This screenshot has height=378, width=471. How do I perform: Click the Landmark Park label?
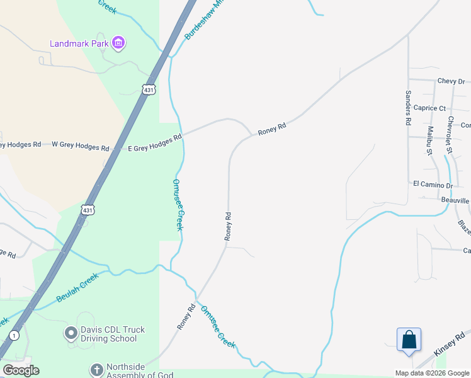79,43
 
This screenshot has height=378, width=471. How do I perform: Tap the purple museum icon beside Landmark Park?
118,43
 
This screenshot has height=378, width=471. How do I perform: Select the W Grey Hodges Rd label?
80,146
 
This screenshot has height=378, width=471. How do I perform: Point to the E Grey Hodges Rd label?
155,142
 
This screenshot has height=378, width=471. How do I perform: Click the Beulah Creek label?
77,287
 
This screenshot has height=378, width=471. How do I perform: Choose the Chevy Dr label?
451,81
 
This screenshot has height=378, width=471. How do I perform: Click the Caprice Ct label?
429,108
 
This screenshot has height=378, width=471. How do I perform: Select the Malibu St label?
430,140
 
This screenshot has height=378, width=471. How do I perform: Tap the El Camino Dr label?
433,185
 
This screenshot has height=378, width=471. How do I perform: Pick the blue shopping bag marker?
409,340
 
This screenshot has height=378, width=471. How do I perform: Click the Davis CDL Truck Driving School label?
109,334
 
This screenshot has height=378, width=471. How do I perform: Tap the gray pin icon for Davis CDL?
71,331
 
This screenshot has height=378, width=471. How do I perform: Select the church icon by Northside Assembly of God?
96,369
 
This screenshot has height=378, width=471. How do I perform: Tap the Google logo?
21,370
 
